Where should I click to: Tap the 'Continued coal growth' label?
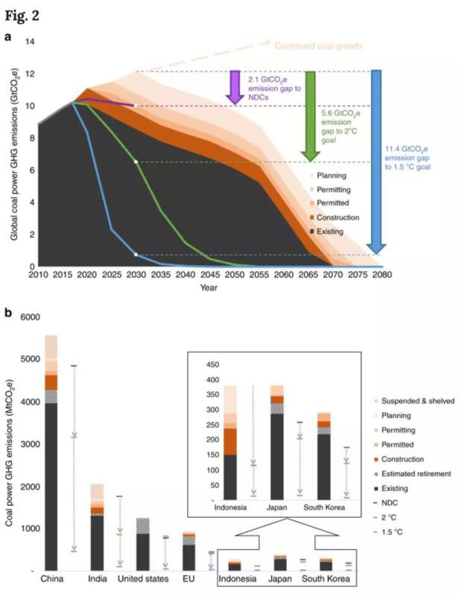(x=318, y=46)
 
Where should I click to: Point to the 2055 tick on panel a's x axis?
(x=256, y=276)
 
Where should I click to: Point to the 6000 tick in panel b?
(x=28, y=317)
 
